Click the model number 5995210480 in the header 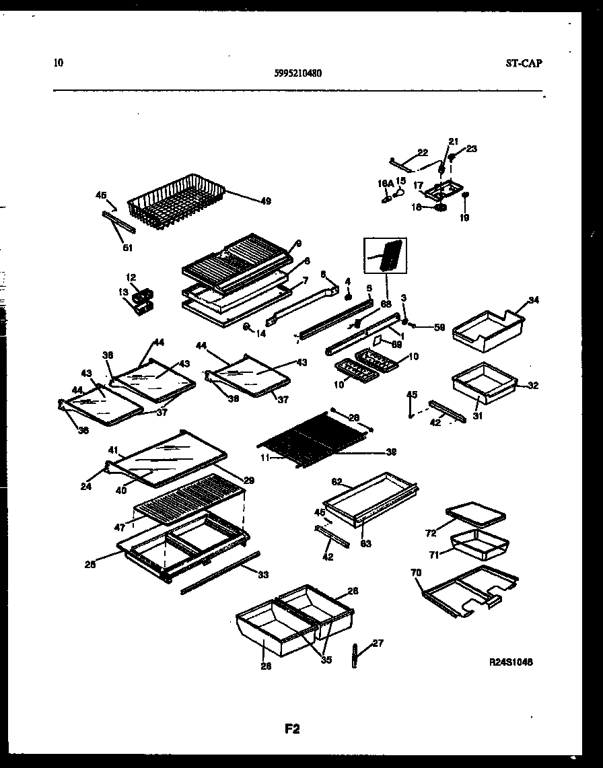click(x=294, y=75)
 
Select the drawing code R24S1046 click(x=511, y=662)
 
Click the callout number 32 click(x=533, y=386)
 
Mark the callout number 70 click(x=415, y=573)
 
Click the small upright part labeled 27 click(x=355, y=656)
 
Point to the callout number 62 click(x=338, y=481)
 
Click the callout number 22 click(x=423, y=152)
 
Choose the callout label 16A click(x=385, y=182)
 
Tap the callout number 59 click(x=439, y=328)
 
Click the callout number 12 click(x=131, y=277)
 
